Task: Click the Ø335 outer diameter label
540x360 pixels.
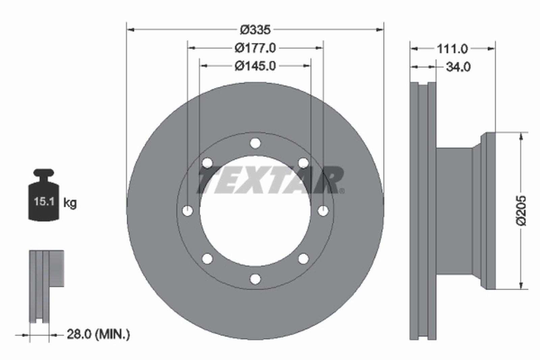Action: coord(255,30)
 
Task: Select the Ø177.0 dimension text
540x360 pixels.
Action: coord(255,48)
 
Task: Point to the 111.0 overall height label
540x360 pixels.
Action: coord(452,49)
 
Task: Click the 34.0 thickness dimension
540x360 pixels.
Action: coord(458,67)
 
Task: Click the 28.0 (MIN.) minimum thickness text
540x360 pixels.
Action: coord(98,334)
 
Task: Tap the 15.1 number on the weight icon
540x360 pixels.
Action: coord(44,202)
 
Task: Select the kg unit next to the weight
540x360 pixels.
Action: coord(70,203)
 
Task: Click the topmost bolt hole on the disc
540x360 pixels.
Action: coord(255,143)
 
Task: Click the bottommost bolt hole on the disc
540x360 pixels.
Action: coord(255,279)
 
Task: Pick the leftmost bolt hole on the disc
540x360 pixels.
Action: coord(188,211)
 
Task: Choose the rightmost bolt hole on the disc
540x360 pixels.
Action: coord(323,211)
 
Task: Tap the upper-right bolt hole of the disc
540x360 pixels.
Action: coord(303,163)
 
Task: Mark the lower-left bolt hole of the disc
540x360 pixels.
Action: coord(207,259)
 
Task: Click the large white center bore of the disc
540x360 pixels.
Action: coord(255,229)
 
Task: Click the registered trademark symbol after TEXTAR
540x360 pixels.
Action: coord(342,191)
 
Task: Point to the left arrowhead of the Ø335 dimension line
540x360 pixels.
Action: coord(130,30)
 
